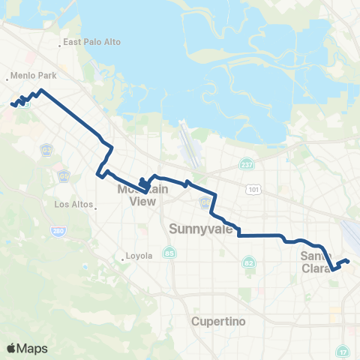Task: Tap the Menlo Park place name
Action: (30, 76)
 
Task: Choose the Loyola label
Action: (139, 256)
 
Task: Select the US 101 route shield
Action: (256, 190)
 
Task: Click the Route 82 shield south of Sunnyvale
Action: (249, 262)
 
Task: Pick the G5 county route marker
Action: (63, 177)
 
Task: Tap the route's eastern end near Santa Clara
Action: (349, 260)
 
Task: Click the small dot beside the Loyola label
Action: (122, 260)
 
